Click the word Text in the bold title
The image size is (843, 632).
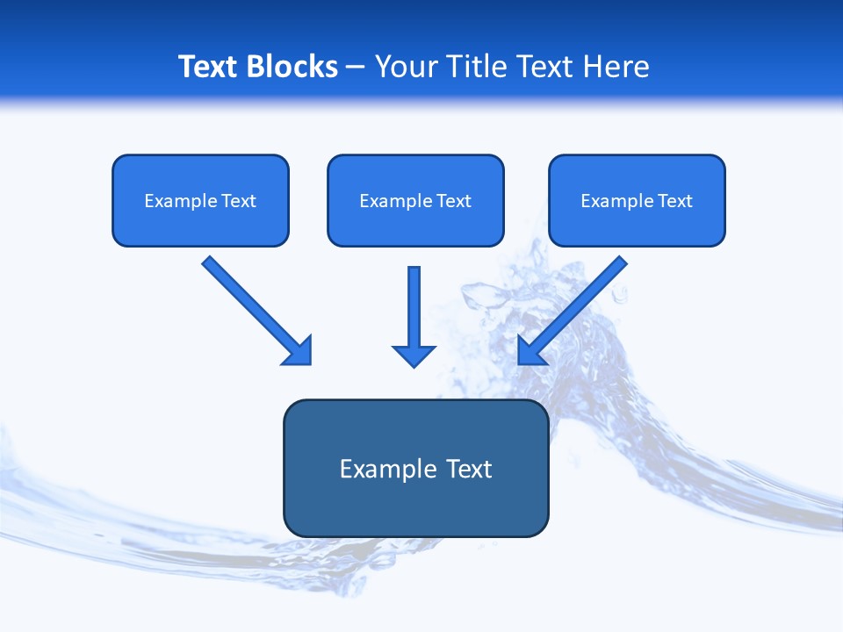pyautogui.click(x=208, y=67)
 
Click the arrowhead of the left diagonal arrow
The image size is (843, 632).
pyautogui.click(x=299, y=352)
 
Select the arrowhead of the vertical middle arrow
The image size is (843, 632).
pyautogui.click(x=414, y=355)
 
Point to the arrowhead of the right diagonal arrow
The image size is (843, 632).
pyautogui.click(x=530, y=351)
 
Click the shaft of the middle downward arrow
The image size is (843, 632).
pyautogui.click(x=414, y=303)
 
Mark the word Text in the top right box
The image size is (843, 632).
pyautogui.click(x=675, y=201)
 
